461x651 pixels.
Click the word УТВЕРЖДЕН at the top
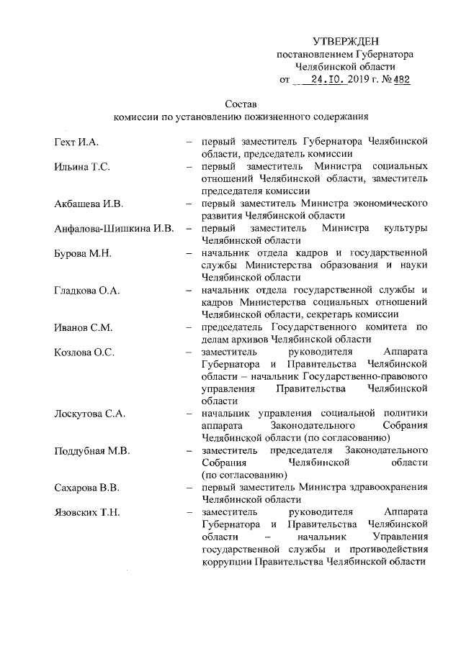click(x=345, y=41)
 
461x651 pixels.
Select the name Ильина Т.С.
click(x=81, y=166)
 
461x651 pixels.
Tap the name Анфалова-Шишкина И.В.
click(x=115, y=229)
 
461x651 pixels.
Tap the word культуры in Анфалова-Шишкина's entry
click(x=408, y=229)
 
